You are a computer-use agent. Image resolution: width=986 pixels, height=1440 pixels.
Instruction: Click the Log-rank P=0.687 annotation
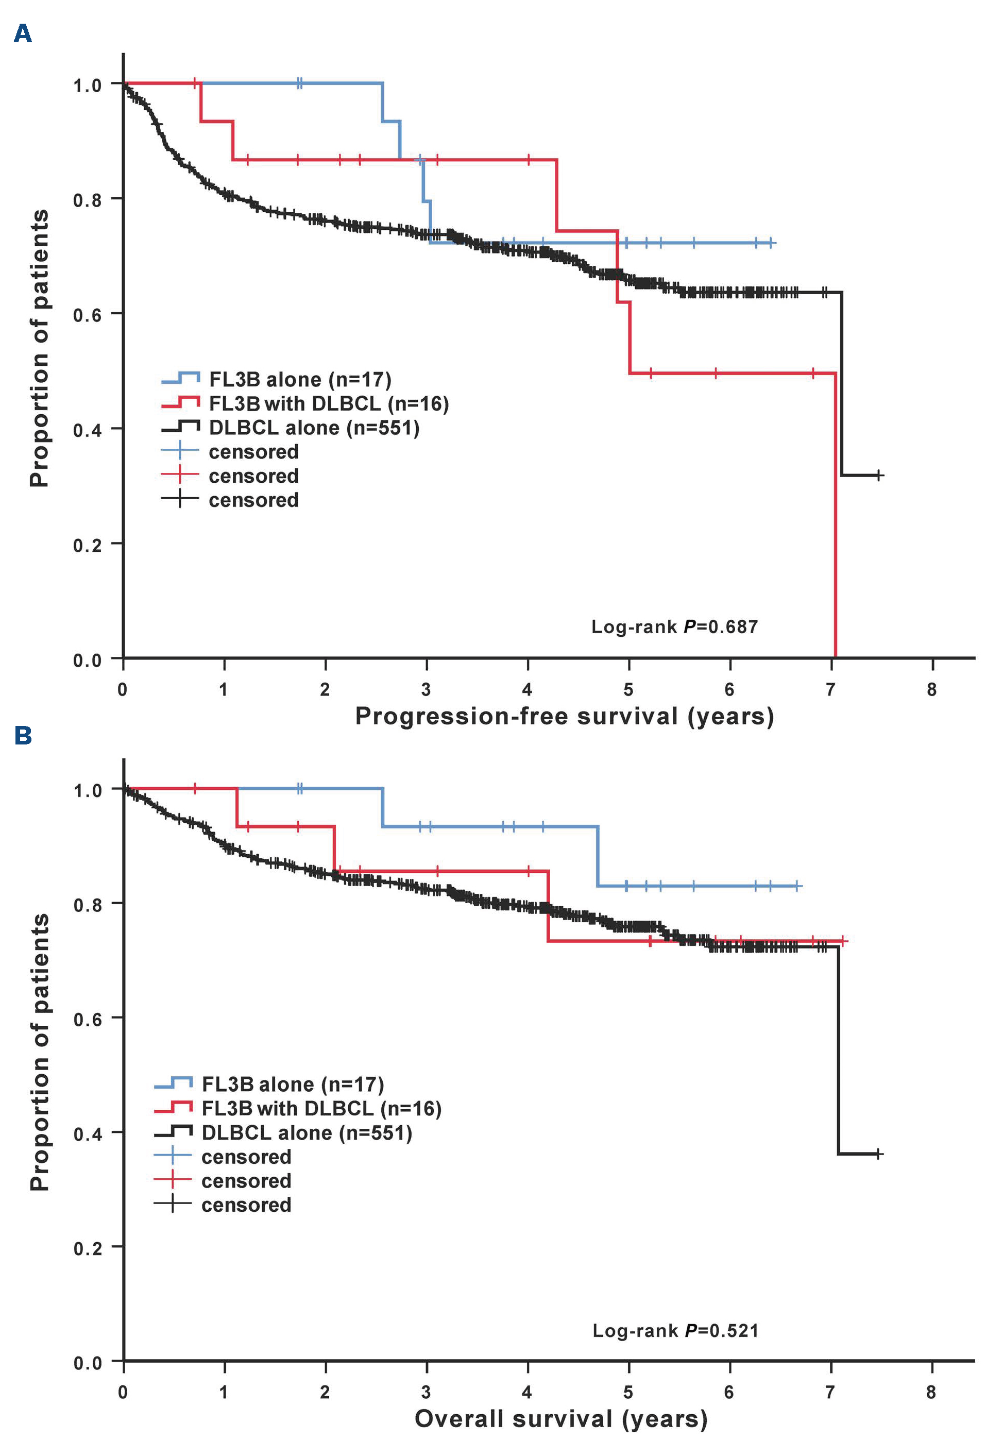tap(674, 626)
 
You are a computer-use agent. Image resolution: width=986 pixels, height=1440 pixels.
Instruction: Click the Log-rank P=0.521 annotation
tap(675, 1330)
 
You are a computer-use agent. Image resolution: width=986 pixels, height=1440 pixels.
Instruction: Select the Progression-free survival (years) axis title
tap(564, 716)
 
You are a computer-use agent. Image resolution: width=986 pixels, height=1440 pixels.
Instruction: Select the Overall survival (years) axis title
tap(561, 1418)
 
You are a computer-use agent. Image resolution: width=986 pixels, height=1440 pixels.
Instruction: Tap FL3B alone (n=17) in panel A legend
tap(300, 379)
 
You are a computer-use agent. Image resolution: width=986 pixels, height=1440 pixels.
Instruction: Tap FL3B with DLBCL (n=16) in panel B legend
tap(321, 1109)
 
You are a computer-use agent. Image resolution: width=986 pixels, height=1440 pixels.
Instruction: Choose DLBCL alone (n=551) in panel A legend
tap(314, 428)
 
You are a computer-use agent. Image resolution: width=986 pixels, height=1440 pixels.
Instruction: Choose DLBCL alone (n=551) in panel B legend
tap(307, 1132)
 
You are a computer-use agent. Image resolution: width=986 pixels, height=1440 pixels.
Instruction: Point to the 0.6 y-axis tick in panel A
tap(88, 315)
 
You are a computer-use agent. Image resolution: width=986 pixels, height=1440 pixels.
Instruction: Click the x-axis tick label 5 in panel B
tap(628, 1392)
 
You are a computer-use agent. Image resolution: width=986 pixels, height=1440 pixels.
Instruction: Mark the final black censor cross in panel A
tap(879, 475)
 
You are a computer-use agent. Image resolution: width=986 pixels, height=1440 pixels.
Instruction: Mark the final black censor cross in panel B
tap(878, 1154)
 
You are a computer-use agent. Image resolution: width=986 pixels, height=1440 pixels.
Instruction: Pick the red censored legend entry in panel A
tap(253, 476)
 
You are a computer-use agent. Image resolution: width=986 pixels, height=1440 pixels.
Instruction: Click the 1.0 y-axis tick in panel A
tap(88, 85)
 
